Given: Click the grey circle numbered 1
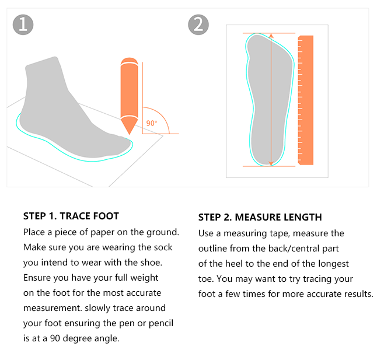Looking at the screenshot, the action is point(23,25).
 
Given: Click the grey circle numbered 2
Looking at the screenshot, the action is point(198,25).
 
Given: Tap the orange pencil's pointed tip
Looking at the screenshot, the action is point(130,134).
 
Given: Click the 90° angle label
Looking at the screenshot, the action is point(152,123).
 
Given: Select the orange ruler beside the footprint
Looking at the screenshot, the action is point(305,100).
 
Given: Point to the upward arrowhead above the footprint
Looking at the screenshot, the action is point(271,36).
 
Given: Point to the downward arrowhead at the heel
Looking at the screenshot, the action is point(271,163).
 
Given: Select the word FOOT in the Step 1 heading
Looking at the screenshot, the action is point(105,216).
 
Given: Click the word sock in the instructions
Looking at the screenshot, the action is point(163,247).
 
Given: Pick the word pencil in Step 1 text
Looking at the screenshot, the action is point(161,323).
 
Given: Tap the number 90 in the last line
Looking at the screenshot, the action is point(55,338).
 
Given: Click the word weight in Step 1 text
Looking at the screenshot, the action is point(144,278).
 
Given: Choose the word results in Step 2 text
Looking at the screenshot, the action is point(359,294).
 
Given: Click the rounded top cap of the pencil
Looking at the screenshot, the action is point(130,61).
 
